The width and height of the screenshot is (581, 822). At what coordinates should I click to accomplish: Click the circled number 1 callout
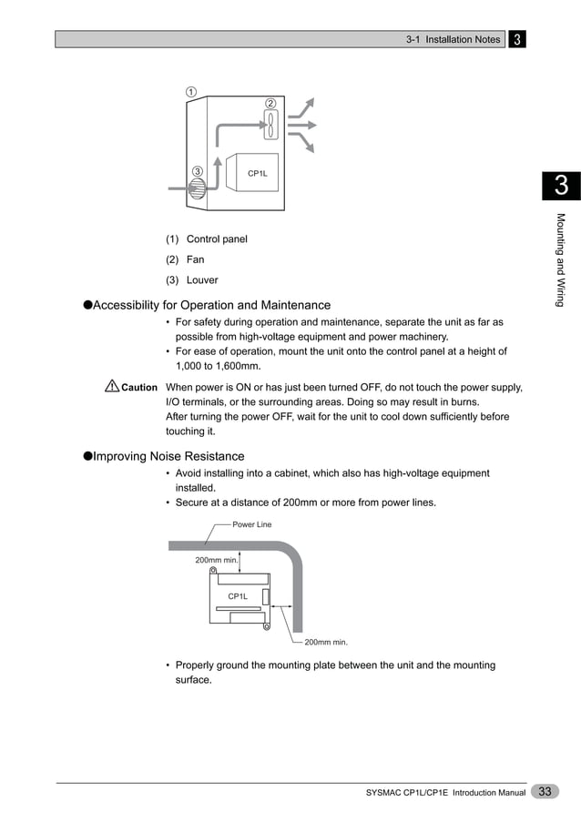click(192, 91)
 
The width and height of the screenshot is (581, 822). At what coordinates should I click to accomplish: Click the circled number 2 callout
click(270, 102)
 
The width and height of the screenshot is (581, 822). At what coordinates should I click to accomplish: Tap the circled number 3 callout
click(197, 172)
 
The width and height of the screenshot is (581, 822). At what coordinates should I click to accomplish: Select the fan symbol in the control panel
click(270, 125)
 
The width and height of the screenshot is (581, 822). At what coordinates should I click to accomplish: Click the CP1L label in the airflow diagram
click(258, 173)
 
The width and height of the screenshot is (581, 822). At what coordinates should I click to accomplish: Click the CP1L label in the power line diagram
click(238, 595)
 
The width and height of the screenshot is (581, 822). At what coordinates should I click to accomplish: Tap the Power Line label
click(251, 524)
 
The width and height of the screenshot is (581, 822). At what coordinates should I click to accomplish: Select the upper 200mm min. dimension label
click(217, 560)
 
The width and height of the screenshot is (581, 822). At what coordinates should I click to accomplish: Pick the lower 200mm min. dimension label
click(326, 642)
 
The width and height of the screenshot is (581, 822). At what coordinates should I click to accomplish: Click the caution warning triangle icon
click(112, 388)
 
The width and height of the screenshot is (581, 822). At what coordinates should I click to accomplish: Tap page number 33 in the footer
click(545, 792)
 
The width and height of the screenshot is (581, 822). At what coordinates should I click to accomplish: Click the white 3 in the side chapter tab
click(561, 186)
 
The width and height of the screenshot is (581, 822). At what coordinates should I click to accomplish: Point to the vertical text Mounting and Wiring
click(561, 259)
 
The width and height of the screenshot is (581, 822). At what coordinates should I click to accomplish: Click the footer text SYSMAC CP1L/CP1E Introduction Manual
click(445, 794)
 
